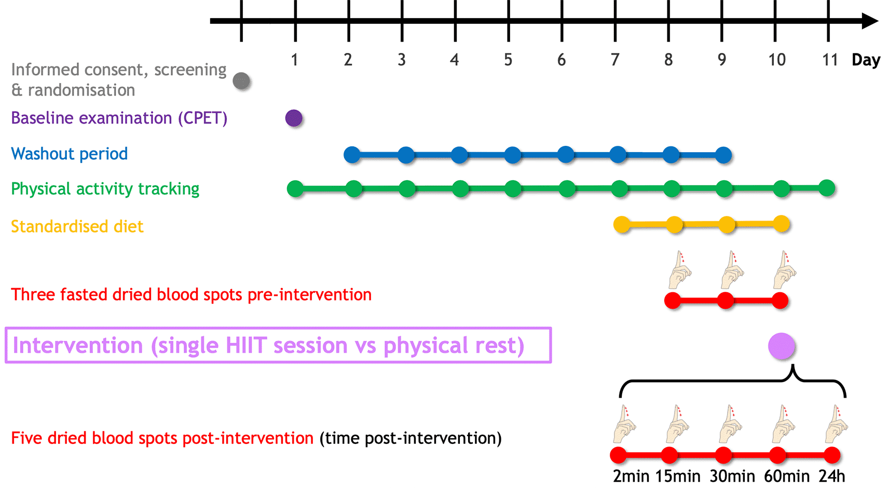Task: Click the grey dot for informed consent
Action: [241, 81]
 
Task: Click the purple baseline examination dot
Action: [294, 118]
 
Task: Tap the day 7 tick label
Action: [615, 60]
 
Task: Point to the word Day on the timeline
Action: [866, 60]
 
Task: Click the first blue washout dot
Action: [352, 155]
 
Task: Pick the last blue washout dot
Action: [723, 155]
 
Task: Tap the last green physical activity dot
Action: [827, 188]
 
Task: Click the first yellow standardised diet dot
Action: [622, 225]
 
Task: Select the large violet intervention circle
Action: [782, 346]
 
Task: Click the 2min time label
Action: [631, 476]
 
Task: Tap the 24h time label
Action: [832, 476]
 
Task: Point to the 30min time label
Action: [732, 476]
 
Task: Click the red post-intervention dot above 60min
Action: [777, 455]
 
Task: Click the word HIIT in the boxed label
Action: [247, 345]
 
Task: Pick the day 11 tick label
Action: [830, 60]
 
